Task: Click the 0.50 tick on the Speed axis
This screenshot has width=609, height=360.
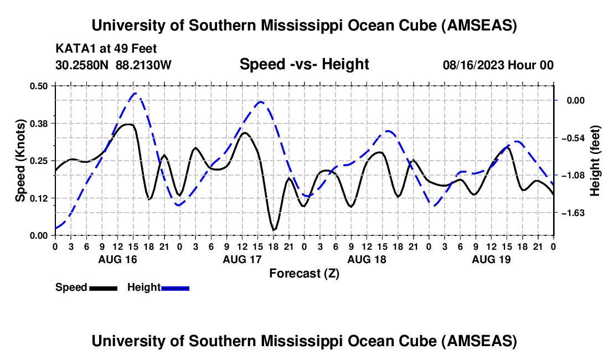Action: (x=39, y=85)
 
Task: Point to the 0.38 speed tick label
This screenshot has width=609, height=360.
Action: (x=39, y=123)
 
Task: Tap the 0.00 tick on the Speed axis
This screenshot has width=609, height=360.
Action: (x=39, y=235)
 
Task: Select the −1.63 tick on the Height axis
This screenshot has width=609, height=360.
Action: (x=574, y=213)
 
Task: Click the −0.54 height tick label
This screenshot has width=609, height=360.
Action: (x=574, y=138)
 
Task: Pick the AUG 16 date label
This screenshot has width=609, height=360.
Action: (x=117, y=259)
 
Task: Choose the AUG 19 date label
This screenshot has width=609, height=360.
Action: (x=491, y=259)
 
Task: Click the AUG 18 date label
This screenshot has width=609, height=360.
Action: (x=366, y=259)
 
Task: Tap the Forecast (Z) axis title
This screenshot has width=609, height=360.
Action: (x=304, y=273)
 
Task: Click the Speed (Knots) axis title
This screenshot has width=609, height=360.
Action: (x=20, y=161)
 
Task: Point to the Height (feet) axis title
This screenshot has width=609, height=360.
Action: (x=595, y=161)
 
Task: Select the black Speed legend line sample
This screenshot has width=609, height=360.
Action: (x=103, y=287)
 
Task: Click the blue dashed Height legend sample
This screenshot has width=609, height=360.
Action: (x=175, y=287)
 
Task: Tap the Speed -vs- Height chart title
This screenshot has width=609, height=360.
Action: (x=304, y=64)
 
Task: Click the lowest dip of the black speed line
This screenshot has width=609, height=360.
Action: (x=273, y=229)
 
